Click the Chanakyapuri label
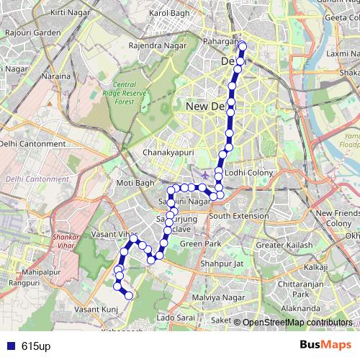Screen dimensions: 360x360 coord(149,152)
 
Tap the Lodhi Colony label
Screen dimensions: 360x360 coord(247,174)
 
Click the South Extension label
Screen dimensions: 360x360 coord(239,216)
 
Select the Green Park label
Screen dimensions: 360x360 coord(201,244)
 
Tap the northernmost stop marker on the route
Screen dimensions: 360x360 coord(242,48)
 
